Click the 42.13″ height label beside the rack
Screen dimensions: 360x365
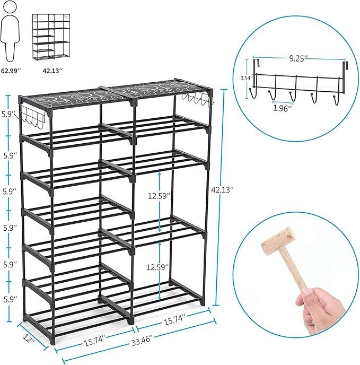(x=222, y=190)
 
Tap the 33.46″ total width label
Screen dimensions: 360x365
(x=142, y=342)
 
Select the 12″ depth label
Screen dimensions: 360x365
(x=29, y=338)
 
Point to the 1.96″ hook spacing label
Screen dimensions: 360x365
(x=282, y=108)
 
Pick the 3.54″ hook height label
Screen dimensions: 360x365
(x=247, y=78)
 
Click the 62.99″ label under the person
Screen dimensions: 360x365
(x=11, y=71)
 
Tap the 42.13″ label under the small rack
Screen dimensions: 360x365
(x=52, y=71)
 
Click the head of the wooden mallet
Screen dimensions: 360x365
(x=278, y=241)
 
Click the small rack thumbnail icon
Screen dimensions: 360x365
(x=51, y=38)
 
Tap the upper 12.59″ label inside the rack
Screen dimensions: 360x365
(x=158, y=196)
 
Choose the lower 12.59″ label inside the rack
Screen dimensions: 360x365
(x=157, y=267)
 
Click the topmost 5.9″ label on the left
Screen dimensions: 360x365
(x=10, y=115)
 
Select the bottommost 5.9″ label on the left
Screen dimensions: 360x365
(x=11, y=299)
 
